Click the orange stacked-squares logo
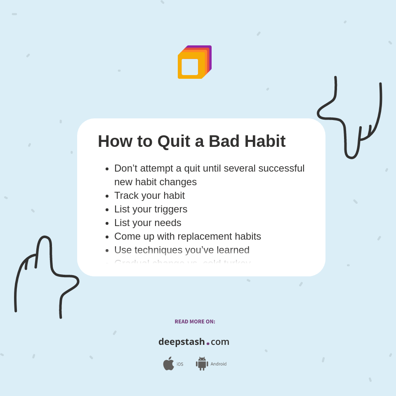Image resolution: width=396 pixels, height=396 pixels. (194, 62)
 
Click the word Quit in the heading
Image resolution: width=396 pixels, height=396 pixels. (174, 141)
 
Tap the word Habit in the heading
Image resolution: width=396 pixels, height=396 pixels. (265, 141)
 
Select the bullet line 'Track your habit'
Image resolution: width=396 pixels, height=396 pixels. (149, 196)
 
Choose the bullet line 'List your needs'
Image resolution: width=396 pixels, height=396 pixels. (148, 223)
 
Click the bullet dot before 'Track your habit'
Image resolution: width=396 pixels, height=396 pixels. (107, 196)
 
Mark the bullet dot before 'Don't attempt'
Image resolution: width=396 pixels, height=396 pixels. (107, 169)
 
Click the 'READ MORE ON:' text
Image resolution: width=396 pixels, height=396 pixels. (195, 322)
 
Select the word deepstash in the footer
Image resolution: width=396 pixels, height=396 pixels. (181, 342)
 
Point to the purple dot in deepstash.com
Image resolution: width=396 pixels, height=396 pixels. (208, 344)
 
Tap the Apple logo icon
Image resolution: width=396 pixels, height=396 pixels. (168, 363)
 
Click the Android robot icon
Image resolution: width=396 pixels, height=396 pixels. (202, 363)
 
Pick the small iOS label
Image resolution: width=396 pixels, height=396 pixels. (180, 364)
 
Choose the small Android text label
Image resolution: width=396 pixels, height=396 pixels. (219, 364)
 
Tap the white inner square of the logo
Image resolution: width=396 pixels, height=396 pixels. (190, 67)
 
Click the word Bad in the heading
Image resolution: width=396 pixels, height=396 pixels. (224, 141)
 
